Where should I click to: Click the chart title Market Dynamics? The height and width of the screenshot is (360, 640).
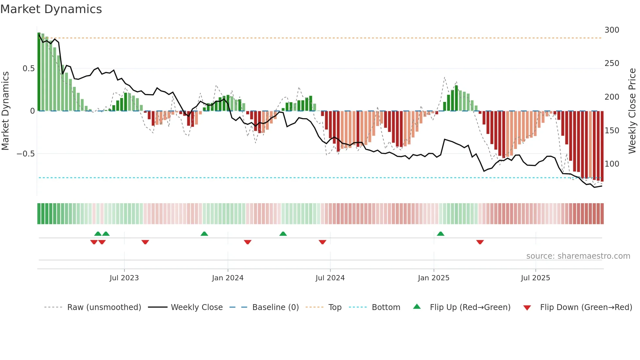coord(51,9)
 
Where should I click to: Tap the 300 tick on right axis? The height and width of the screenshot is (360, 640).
coord(612,30)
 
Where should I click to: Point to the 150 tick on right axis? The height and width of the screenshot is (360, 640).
coord(612,131)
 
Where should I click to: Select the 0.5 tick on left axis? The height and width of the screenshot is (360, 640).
coord(28,69)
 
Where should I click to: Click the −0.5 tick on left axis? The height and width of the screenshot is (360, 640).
coord(26,154)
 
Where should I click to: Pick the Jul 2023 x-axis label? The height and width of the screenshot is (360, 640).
coord(124,278)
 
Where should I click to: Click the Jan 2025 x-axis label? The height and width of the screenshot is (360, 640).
coord(434,278)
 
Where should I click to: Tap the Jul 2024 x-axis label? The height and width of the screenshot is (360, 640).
coord(330,278)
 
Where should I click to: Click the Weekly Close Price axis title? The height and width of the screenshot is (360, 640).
coord(632,111)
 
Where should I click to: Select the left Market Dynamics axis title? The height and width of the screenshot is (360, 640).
coord(5,111)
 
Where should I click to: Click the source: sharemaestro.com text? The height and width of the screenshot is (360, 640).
coord(578,256)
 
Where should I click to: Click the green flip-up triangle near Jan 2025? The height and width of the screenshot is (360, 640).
coord(440,234)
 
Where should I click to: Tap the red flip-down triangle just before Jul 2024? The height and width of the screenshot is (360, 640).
coord(322,242)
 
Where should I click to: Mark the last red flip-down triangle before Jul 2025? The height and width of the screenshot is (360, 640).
coord(480,242)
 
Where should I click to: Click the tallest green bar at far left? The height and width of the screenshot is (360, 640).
coord(39,72)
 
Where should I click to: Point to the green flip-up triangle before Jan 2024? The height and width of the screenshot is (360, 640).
coord(204,234)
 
